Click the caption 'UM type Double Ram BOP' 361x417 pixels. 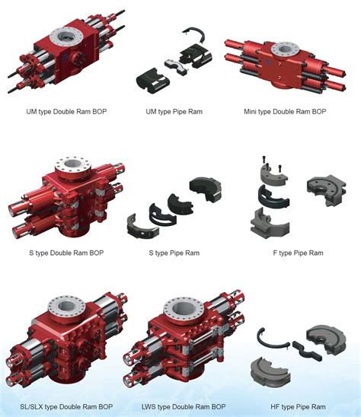pos(66,111)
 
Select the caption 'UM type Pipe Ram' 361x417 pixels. pos(174,111)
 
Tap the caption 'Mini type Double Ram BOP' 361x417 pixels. pos(285,111)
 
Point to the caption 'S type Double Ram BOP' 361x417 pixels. pos(66,253)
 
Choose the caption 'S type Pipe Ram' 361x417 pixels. pos(174,253)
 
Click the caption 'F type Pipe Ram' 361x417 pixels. pos(299,253)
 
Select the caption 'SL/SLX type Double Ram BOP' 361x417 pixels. pos(66,406)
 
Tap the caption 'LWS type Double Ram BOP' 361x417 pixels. pos(184,406)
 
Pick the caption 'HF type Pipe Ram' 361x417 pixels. pos(299,406)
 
